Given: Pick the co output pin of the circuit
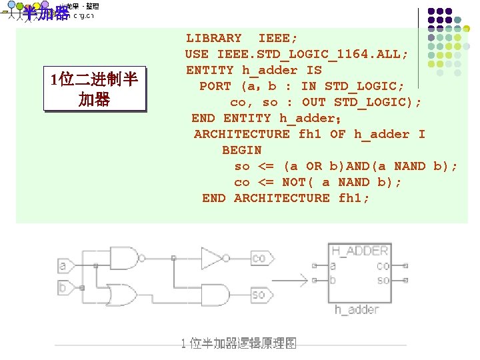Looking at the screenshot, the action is pyautogui.click(x=259, y=258).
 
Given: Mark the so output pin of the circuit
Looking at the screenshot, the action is pyautogui.click(x=259, y=294).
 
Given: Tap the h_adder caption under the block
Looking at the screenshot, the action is pyautogui.click(x=356, y=309).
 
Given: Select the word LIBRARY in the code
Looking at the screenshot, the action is pyautogui.click(x=213, y=38).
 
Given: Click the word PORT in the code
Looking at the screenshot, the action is pyautogui.click(x=215, y=86).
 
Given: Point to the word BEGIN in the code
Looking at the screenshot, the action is pyautogui.click(x=241, y=150).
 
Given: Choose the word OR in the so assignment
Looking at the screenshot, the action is pyautogui.click(x=313, y=166).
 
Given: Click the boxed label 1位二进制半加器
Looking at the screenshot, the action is pyautogui.click(x=94, y=90).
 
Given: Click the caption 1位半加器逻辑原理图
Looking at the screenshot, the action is pyautogui.click(x=239, y=343).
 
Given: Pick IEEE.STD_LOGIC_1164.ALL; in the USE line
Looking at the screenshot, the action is pyautogui.click(x=313, y=54).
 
